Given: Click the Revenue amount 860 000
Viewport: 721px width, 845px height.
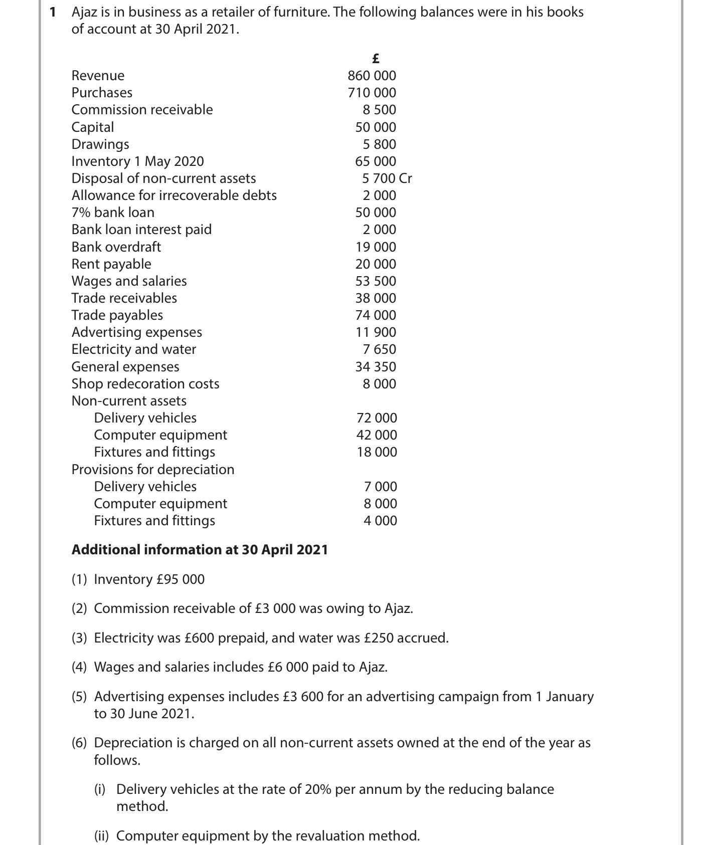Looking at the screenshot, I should (372, 76).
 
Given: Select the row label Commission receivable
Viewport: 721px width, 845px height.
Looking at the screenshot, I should (142, 110).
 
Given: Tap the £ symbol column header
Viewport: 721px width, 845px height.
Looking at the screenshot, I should (376, 59).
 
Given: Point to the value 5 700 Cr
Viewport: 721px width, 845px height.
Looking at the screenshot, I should (387, 178).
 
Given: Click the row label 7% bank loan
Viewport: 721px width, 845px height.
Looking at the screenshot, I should (113, 213).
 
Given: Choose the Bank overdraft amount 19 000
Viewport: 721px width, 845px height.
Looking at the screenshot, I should (376, 247).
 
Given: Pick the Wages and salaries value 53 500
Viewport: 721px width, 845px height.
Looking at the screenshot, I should (376, 281).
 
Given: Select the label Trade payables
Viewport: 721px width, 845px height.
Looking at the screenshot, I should (117, 315).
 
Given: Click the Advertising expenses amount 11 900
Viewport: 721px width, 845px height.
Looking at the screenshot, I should (376, 332).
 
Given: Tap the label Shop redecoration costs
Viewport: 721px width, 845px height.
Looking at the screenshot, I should (145, 384).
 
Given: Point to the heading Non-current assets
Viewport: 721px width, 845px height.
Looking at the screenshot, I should (129, 401).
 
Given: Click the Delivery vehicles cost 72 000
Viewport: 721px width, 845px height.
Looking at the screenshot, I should (377, 418).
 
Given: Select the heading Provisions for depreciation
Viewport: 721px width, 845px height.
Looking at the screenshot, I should (153, 470).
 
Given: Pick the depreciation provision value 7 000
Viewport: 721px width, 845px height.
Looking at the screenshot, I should (380, 487).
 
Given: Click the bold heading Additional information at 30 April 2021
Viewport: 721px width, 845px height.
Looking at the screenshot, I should (200, 550).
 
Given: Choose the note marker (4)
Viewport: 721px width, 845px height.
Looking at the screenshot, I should (79, 667).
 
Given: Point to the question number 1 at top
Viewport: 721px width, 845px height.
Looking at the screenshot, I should (53, 12).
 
